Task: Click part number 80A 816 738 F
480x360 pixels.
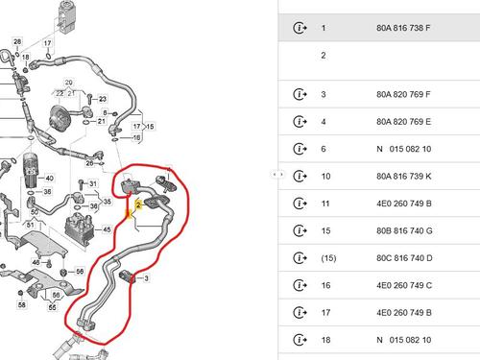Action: (403, 28)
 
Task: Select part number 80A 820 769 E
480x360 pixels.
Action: (403, 122)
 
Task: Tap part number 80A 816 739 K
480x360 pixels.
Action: (404, 176)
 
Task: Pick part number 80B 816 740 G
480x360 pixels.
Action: (404, 230)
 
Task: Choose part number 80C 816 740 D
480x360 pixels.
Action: (404, 258)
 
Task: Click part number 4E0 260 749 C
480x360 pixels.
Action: (404, 285)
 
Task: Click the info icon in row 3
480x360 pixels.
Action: (300, 94)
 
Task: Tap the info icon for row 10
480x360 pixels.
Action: (300, 176)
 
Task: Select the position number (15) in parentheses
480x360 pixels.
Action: (328, 258)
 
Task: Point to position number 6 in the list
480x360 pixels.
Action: (324, 149)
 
